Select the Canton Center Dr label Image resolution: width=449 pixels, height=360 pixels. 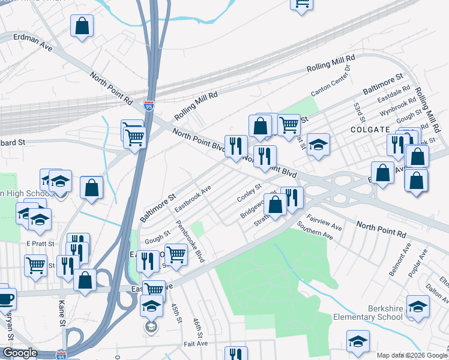click(334, 85)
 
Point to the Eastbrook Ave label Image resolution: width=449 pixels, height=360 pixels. click(193, 199)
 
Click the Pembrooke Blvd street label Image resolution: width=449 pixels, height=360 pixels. click(191, 241)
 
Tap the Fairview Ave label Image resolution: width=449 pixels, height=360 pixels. click(324, 224)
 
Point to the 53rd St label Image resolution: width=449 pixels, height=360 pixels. click(360, 111)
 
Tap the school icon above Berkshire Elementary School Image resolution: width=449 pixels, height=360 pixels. click(418, 307)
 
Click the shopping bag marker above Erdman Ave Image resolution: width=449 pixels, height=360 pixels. click(82, 26)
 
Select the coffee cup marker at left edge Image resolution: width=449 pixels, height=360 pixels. click(4, 298)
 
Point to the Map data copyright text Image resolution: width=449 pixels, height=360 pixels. click(412, 355)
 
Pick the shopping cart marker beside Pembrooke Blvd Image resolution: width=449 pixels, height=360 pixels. click(176, 254)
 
